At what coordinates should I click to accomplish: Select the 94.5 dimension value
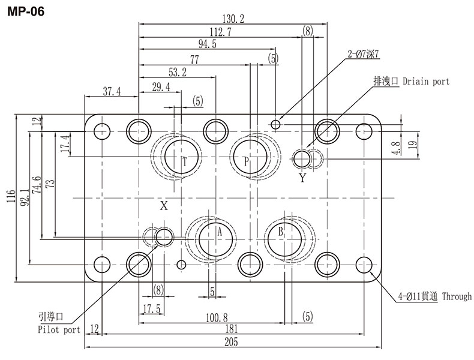point(208,44)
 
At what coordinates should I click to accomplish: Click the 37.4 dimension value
point(112,91)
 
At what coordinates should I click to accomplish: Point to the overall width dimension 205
point(231,342)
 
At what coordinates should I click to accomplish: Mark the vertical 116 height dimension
point(10,197)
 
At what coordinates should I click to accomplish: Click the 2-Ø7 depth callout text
point(363,54)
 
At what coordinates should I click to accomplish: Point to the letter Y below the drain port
point(302,178)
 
